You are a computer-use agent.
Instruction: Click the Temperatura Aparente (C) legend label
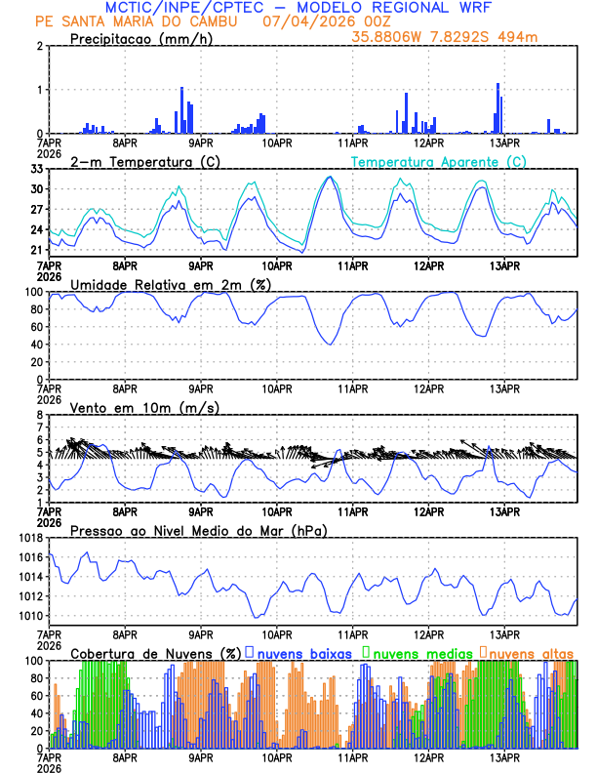[x=439, y=161]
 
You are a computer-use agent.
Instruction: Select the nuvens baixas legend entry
[x=303, y=652]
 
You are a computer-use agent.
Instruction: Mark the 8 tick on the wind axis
[x=40, y=415]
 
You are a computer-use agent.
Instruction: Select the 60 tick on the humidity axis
[x=36, y=327]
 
